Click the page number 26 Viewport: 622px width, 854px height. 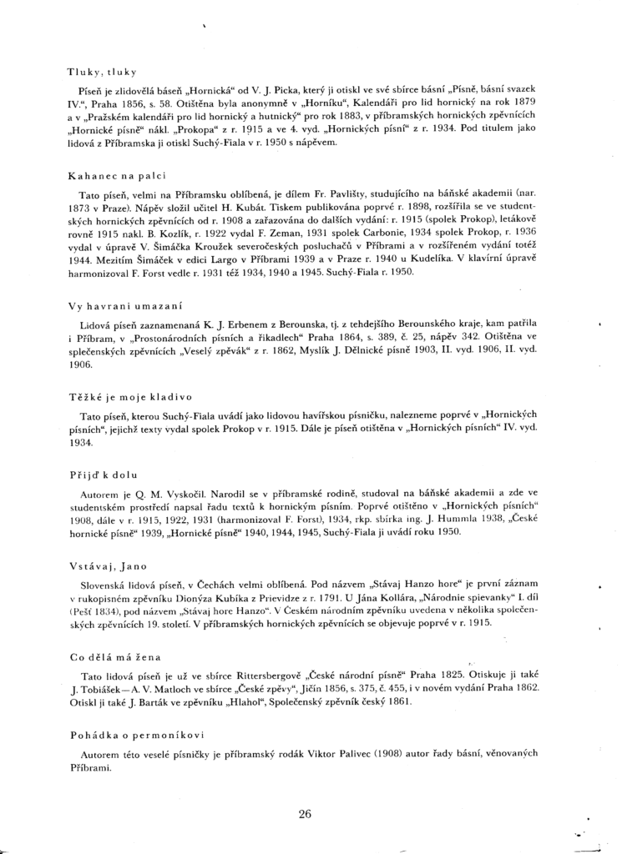click(x=305, y=815)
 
